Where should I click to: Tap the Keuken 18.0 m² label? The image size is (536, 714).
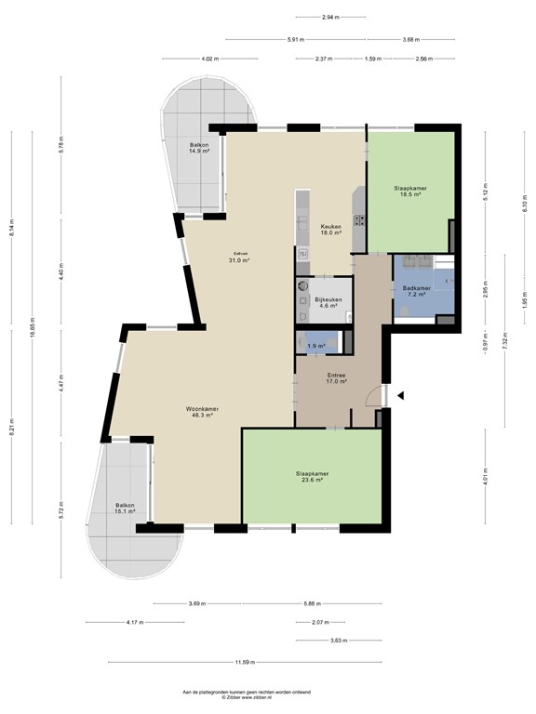pyautogui.click(x=330, y=231)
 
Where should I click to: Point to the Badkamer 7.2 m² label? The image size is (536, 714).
pyautogui.click(x=416, y=291)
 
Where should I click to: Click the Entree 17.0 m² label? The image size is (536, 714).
pyautogui.click(x=336, y=377)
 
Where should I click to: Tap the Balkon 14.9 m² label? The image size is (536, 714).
pyautogui.click(x=199, y=148)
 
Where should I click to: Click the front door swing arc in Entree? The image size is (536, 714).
pyautogui.click(x=372, y=398)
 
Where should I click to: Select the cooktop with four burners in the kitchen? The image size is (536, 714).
pyautogui.click(x=358, y=220)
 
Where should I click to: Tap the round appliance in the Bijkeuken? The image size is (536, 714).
pyautogui.click(x=303, y=288)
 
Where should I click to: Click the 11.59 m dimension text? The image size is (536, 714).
pyautogui.click(x=244, y=662)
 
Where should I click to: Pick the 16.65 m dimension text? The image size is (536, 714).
pyautogui.click(x=33, y=331)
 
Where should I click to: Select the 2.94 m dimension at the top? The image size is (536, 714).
pyautogui.click(x=329, y=17)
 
